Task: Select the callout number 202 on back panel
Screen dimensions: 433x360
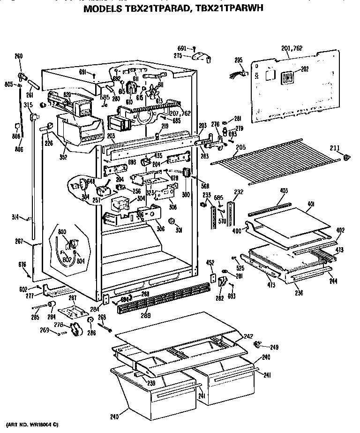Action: click(305, 69)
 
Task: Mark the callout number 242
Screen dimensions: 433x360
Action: click(248, 336)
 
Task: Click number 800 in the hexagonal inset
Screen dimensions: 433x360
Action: click(62, 232)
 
